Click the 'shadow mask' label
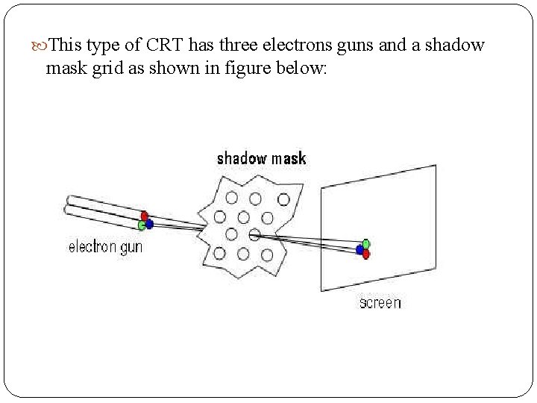pyautogui.click(x=261, y=158)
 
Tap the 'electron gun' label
pyautogui.click(x=105, y=247)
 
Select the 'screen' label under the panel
pyautogui.click(x=380, y=302)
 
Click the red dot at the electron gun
pyautogui.click(x=145, y=216)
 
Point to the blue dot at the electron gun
pyautogui.click(x=149, y=223)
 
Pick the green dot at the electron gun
pyautogui.click(x=141, y=225)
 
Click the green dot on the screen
pyautogui.click(x=366, y=243)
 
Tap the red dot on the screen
pyautogui.click(x=365, y=254)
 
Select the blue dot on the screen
pyautogui.click(x=359, y=250)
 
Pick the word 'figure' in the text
pyautogui.click(x=240, y=69)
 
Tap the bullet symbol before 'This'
pyautogui.click(x=40, y=46)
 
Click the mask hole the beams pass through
pyautogui.click(x=254, y=235)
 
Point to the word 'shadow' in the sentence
pyautogui.click(x=456, y=46)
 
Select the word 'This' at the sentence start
pyautogui.click(x=66, y=46)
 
